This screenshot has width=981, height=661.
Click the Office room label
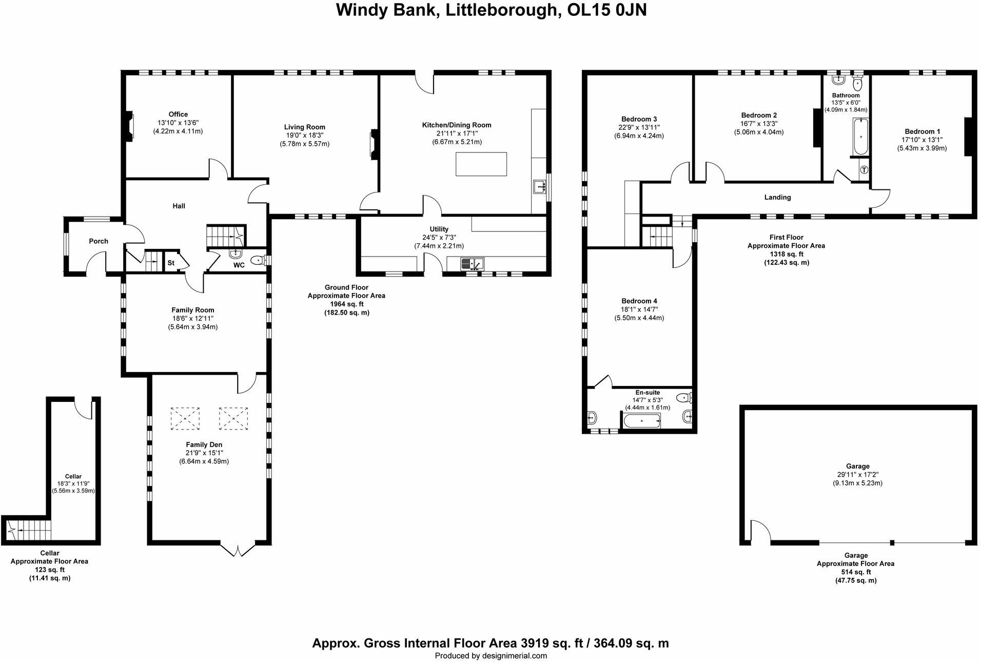click(178, 114)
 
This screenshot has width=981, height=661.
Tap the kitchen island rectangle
click(481, 164)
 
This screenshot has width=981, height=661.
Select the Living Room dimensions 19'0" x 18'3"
click(304, 135)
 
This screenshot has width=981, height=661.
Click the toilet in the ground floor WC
click(258, 261)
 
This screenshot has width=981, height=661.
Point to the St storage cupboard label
click(171, 263)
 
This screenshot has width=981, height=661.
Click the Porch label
click(99, 241)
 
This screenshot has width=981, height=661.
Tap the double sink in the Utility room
click(472, 264)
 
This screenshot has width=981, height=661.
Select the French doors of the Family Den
click(238, 551)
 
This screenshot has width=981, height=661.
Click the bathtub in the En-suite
click(641, 421)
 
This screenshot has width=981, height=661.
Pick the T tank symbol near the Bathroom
click(864, 170)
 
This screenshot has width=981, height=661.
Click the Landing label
click(777, 197)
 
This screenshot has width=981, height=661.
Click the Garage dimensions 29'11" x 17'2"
click(857, 475)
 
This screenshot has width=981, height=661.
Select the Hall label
click(179, 206)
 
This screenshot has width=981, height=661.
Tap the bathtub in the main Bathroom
click(860, 137)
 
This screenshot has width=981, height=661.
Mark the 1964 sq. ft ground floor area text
click(346, 304)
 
